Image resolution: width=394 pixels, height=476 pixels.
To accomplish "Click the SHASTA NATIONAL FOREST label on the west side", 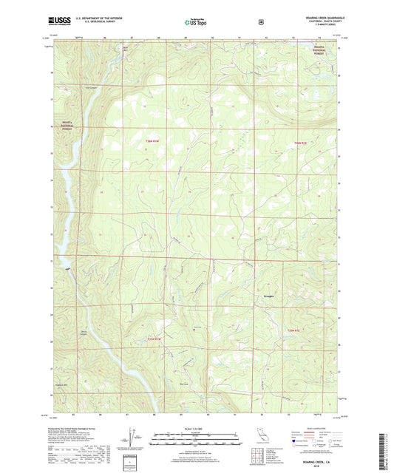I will (64, 126).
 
